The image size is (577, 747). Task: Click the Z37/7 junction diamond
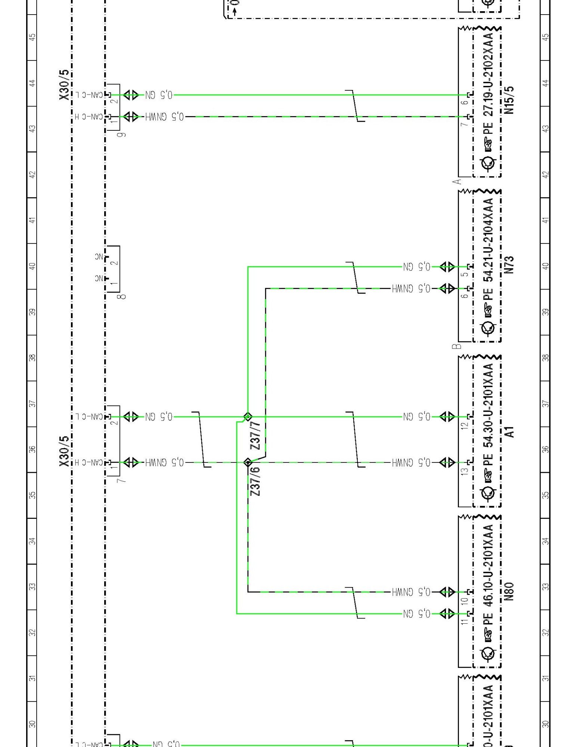pyautogui.click(x=248, y=416)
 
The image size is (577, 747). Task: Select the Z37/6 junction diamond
pyautogui.click(x=248, y=462)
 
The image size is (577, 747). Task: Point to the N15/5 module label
pyautogui.click(x=509, y=100)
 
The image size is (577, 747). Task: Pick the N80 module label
pyautogui.click(x=509, y=591)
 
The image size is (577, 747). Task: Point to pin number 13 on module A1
pyautogui.click(x=464, y=471)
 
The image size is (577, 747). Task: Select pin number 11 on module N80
pyautogui.click(x=464, y=622)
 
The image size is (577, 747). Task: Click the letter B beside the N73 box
pyautogui.click(x=456, y=346)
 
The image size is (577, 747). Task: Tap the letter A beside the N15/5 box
pyautogui.click(x=456, y=182)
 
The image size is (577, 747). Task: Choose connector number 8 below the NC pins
pyautogui.click(x=122, y=297)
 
